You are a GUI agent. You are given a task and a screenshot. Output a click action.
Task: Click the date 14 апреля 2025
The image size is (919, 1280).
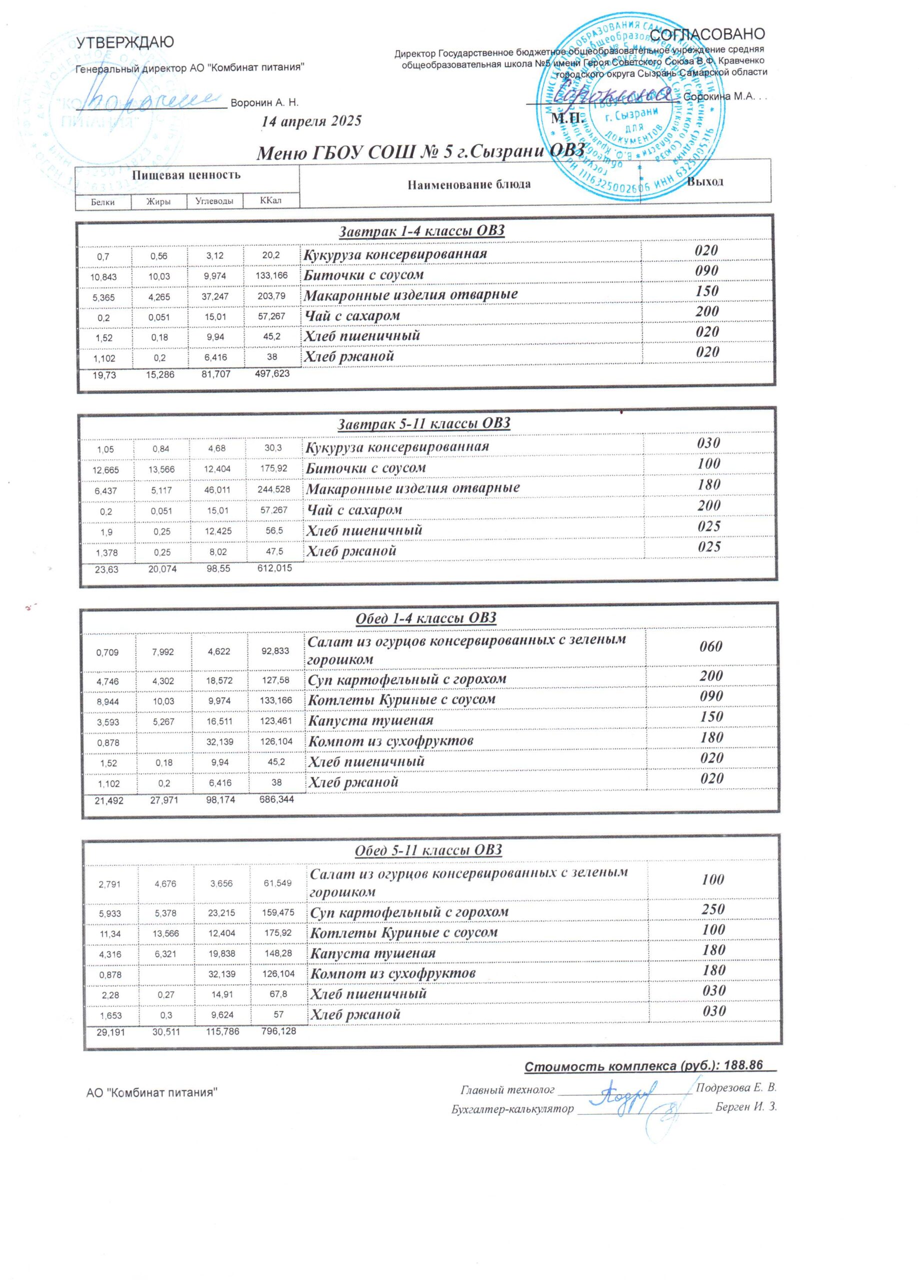[311, 121]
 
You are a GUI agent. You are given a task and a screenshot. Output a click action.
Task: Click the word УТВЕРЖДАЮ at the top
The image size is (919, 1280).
[125, 42]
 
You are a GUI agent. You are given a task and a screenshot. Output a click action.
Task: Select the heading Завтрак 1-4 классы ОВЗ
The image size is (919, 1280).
[421, 231]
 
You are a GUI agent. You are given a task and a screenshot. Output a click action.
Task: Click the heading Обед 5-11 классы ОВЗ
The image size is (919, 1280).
[428, 850]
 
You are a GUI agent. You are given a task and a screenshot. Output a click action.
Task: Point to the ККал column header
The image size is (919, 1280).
[270, 200]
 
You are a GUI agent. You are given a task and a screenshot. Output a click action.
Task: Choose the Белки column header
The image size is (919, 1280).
[102, 202]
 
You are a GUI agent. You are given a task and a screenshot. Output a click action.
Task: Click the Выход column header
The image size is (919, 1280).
[704, 181]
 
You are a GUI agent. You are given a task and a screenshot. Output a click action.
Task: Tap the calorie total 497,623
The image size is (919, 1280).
[272, 373]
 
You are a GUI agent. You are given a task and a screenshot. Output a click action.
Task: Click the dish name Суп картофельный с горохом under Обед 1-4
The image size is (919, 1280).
[406, 679]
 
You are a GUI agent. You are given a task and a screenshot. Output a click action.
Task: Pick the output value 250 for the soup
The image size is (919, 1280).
[713, 909]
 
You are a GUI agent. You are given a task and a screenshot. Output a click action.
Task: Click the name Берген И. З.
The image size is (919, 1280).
[745, 1106]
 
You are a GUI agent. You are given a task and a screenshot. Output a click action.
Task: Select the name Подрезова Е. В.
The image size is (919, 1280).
[736, 1087]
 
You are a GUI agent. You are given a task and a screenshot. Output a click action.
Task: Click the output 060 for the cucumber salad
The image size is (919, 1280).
[710, 646]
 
